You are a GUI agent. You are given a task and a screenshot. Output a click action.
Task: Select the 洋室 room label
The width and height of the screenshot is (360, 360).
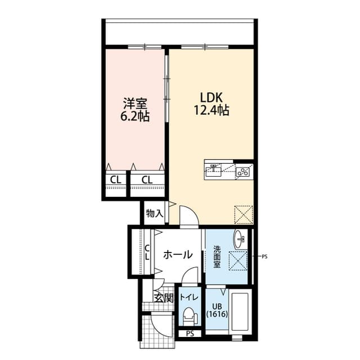pyautogui.click(x=135, y=104)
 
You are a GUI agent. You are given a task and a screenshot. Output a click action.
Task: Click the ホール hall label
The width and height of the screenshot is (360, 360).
pyautogui.click(x=178, y=255)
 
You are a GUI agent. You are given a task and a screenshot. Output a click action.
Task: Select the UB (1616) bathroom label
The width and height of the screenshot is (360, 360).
pyautogui.click(x=217, y=310)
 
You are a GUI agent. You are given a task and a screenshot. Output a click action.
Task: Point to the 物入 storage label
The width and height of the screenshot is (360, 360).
pyautogui.click(x=154, y=213)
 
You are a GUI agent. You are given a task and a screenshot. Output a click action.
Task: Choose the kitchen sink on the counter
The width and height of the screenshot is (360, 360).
pyautogui.click(x=213, y=168)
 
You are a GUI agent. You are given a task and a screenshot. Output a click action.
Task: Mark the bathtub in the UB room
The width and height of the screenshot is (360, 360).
pyautogui.click(x=241, y=314)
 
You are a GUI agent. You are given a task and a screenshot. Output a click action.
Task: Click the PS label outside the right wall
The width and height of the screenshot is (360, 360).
pyautogui.click(x=264, y=256)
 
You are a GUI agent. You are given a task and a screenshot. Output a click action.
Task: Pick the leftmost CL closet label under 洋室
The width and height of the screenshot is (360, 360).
pyautogui.click(x=115, y=180)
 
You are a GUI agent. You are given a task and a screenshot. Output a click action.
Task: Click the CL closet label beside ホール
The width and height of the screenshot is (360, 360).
pyautogui.click(x=147, y=251)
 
